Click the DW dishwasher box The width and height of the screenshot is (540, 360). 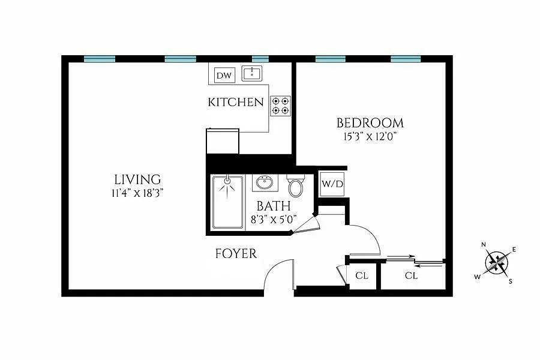tap(224, 76)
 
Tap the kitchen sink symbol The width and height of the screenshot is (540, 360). tap(253, 74)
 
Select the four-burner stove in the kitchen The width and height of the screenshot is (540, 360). tap(280, 106)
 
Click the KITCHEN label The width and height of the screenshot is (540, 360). tap(236, 102)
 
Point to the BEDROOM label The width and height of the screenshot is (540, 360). tap(370, 123)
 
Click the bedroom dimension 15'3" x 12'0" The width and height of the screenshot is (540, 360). tap(370, 137)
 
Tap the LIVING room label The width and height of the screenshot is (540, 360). tap(137, 179)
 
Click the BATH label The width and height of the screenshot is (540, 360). tap(274, 206)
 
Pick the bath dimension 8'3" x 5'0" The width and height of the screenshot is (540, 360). tap(274, 220)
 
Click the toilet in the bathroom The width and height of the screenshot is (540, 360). tap(296, 187)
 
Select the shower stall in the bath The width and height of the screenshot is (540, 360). tap(228, 202)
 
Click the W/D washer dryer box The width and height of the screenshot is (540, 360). tap(332, 184)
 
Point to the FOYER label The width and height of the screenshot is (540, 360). tap(236, 254)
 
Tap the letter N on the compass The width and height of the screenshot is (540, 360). tap(484, 245)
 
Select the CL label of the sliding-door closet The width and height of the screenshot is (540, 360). tap(411, 276)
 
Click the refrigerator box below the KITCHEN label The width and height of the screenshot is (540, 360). tap(222, 141)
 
